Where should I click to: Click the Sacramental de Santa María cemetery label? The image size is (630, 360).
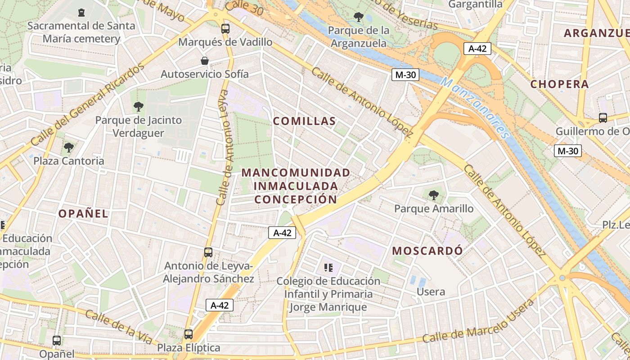click(81, 32)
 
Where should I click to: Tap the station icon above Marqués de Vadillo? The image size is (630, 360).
click(225, 29)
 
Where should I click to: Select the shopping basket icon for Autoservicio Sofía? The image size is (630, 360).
click(205, 61)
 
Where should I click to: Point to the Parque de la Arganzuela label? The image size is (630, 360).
click(359, 37)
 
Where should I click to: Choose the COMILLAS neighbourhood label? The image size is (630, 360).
click(304, 121)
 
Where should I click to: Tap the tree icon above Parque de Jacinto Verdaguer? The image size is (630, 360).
click(139, 107)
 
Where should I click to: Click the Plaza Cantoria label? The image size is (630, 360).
click(69, 161)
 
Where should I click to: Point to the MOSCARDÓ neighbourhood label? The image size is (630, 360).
click(427, 251)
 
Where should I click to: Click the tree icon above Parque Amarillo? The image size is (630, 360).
click(434, 195)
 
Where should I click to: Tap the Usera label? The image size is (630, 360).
click(431, 292)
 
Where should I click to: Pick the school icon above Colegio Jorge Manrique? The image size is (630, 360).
click(328, 268)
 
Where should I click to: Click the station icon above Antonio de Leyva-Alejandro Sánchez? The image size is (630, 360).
click(208, 252)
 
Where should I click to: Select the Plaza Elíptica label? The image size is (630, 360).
click(189, 348)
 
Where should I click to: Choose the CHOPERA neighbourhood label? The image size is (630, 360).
click(559, 84)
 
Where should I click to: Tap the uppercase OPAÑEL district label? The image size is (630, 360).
click(83, 213)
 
